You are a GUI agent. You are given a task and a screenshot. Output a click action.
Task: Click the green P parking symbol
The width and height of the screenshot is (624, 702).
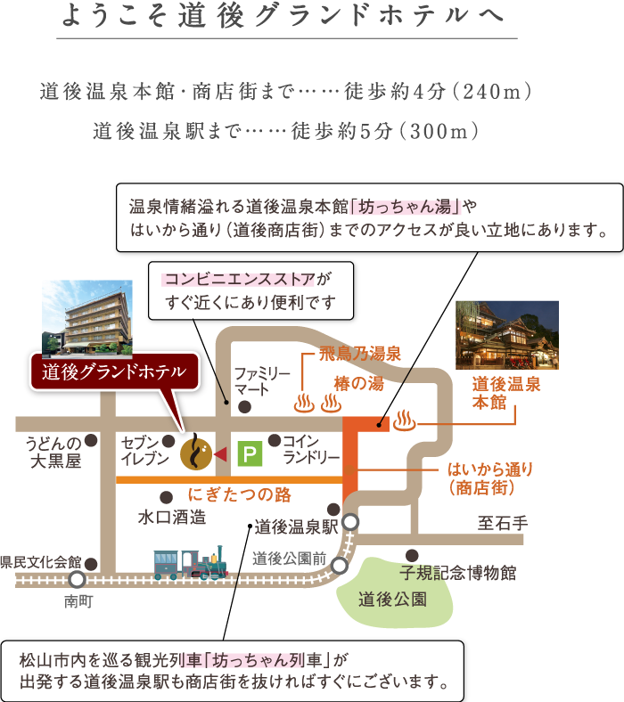(x=250, y=454)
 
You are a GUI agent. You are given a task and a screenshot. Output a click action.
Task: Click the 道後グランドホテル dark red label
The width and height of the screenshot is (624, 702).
(x=114, y=371)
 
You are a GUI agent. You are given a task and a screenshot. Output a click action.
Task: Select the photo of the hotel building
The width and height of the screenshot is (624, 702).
(x=87, y=319)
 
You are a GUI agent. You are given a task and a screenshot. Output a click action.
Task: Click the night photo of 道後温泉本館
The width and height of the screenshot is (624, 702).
(x=507, y=335)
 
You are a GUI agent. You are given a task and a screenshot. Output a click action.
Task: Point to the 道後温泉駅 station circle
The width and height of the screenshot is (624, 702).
(x=350, y=522)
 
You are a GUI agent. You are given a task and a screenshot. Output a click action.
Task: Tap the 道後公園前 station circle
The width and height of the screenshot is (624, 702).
(x=340, y=566)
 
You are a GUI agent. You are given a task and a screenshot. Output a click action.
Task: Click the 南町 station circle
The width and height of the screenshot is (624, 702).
(x=77, y=580)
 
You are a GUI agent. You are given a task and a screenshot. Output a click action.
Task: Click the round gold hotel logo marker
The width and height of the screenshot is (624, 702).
(x=196, y=454)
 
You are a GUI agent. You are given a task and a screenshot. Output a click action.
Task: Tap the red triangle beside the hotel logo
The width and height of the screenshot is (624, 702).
(x=220, y=455)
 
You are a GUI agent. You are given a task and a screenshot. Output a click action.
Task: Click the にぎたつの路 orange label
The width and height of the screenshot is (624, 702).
(x=240, y=494)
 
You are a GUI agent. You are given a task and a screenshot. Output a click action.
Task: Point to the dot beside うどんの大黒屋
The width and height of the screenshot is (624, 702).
(x=92, y=441)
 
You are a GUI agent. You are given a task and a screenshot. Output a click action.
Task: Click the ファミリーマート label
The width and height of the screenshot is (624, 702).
(x=262, y=381)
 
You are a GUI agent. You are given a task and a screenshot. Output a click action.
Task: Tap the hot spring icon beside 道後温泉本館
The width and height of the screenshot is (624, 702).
(x=404, y=420)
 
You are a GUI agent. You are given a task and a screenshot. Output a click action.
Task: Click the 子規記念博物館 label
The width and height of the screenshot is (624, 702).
(x=458, y=573)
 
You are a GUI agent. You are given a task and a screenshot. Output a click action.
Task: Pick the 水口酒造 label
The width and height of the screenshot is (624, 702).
(x=172, y=518)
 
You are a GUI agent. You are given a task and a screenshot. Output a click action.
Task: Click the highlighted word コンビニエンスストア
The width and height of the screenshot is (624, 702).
(x=240, y=280)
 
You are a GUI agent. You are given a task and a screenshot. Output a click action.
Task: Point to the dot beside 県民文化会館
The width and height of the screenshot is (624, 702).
(x=92, y=564)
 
